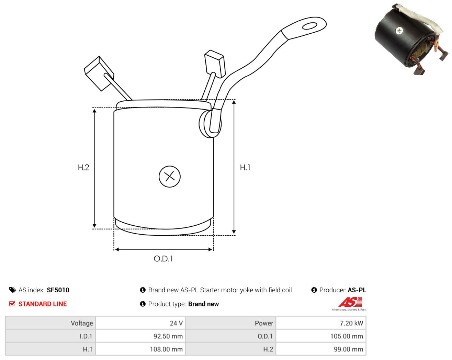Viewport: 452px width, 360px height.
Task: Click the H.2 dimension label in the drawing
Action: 83,167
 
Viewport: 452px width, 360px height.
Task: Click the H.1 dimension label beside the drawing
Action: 245,167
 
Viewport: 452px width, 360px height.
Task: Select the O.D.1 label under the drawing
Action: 163,259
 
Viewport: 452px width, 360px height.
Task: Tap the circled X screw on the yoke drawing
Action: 170,177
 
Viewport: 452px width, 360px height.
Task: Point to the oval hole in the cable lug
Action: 309,26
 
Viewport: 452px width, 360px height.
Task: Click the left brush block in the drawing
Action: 99,74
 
